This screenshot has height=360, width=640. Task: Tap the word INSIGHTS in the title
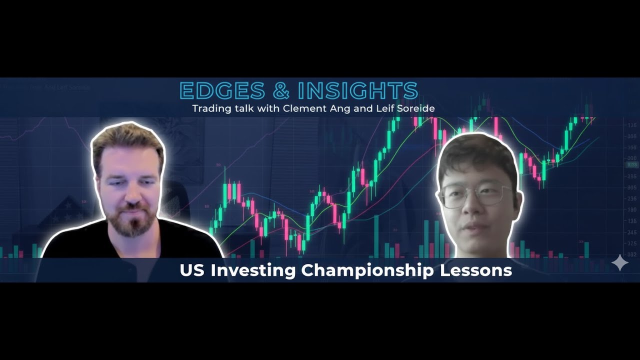click(357, 91)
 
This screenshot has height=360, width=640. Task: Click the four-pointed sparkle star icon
click(620, 263)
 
